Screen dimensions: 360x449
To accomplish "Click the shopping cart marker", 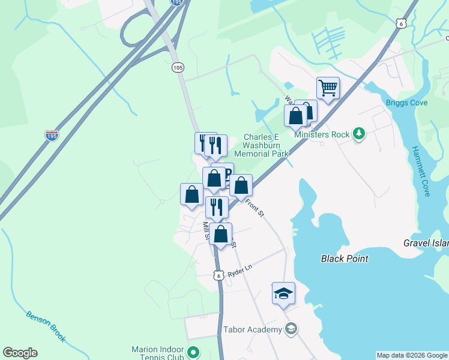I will [x=328, y=88].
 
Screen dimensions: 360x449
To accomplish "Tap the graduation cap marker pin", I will [x=283, y=293].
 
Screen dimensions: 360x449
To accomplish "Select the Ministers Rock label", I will [x=322, y=134].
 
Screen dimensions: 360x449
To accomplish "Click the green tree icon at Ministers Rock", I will [x=359, y=133].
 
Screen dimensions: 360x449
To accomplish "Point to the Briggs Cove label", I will [x=407, y=103].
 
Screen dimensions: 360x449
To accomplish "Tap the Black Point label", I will [x=345, y=259].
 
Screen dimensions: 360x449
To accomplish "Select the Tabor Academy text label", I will [x=252, y=329].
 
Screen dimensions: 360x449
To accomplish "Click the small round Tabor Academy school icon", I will [x=291, y=329].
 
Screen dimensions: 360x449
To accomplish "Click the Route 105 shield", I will [x=177, y=68].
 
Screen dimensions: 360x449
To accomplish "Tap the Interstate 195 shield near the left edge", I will [x=52, y=136].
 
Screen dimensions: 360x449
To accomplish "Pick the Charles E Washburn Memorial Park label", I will [x=261, y=145].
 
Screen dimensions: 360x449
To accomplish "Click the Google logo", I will [x=20, y=353].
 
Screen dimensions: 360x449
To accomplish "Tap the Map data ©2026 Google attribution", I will [x=412, y=355].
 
